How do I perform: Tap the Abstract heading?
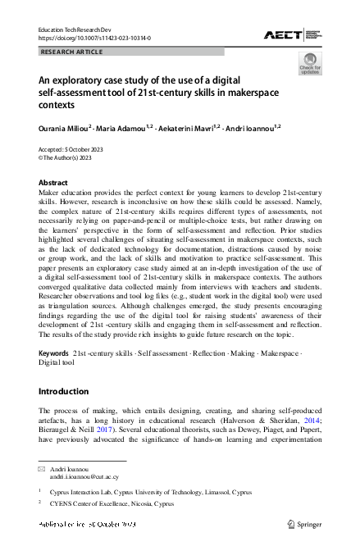(54, 182)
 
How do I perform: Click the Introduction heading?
(66, 389)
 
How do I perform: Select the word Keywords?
(54, 353)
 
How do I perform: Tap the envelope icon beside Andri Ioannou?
(42, 467)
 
